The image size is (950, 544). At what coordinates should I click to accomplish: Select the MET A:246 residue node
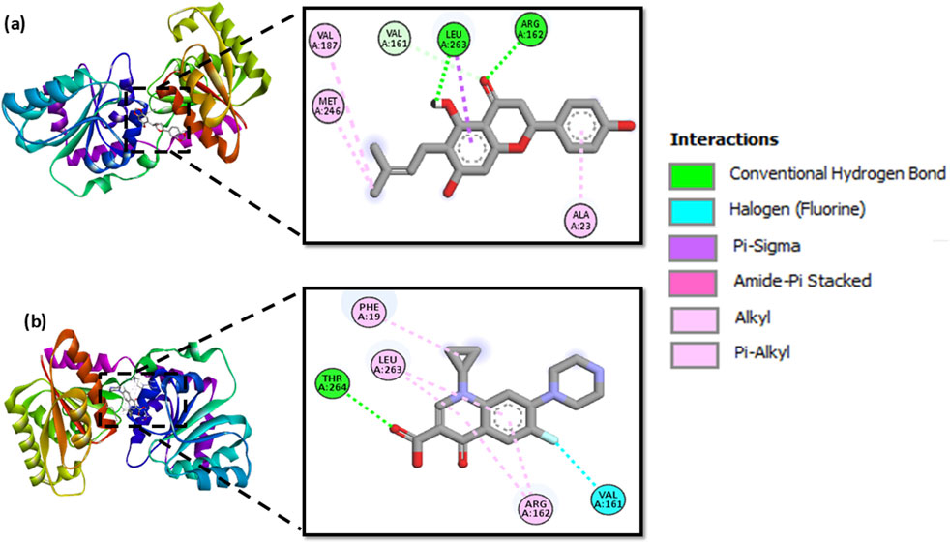[329, 106]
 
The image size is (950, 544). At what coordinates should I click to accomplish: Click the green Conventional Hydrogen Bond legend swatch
[693, 174]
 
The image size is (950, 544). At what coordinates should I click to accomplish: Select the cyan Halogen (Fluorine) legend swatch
[693, 209]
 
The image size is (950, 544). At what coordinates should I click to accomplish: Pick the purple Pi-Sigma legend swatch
[693, 245]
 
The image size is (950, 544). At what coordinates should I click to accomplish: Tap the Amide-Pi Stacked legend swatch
[693, 281]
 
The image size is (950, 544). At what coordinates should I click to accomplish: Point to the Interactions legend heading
[725, 140]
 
